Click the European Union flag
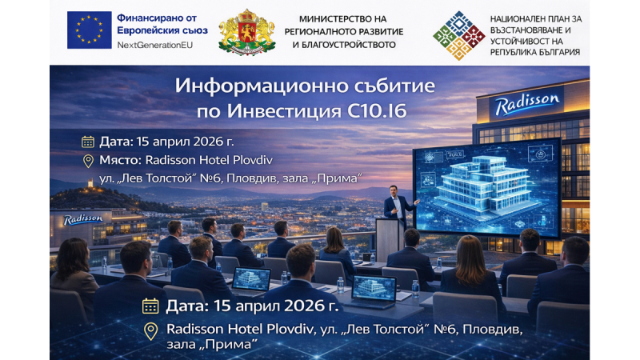[x=89, y=30]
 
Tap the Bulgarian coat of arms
[x=247, y=32]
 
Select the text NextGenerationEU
[x=154, y=45]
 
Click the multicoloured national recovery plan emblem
[x=458, y=35]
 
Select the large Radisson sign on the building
[x=527, y=104]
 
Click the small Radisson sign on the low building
[x=83, y=219]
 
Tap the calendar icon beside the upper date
[x=88, y=142]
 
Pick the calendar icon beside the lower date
[x=150, y=306]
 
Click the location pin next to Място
[x=88, y=161]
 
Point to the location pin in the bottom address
[x=151, y=331]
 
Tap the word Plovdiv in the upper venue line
[x=252, y=159]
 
